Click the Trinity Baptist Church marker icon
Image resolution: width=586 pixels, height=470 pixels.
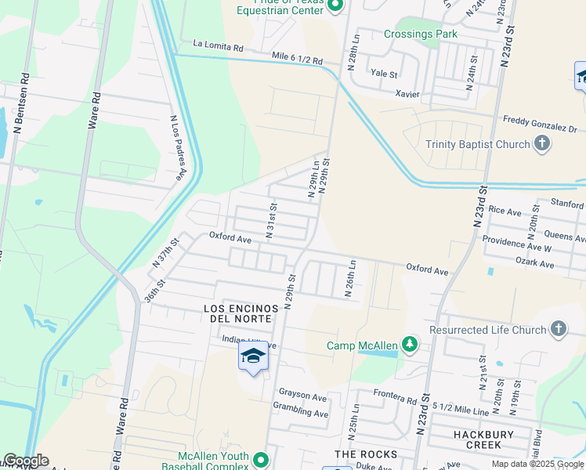(x=542, y=143)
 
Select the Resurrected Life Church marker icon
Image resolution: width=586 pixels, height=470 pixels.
(x=559, y=330)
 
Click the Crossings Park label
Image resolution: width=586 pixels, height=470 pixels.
(x=421, y=34)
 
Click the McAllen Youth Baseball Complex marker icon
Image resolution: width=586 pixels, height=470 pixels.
(x=261, y=460)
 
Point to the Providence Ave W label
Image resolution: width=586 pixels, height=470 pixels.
(x=517, y=244)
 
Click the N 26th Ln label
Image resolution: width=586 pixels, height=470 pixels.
(x=352, y=279)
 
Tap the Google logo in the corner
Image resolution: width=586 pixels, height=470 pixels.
(x=25, y=461)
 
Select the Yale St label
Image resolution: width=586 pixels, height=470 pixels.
(x=384, y=74)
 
